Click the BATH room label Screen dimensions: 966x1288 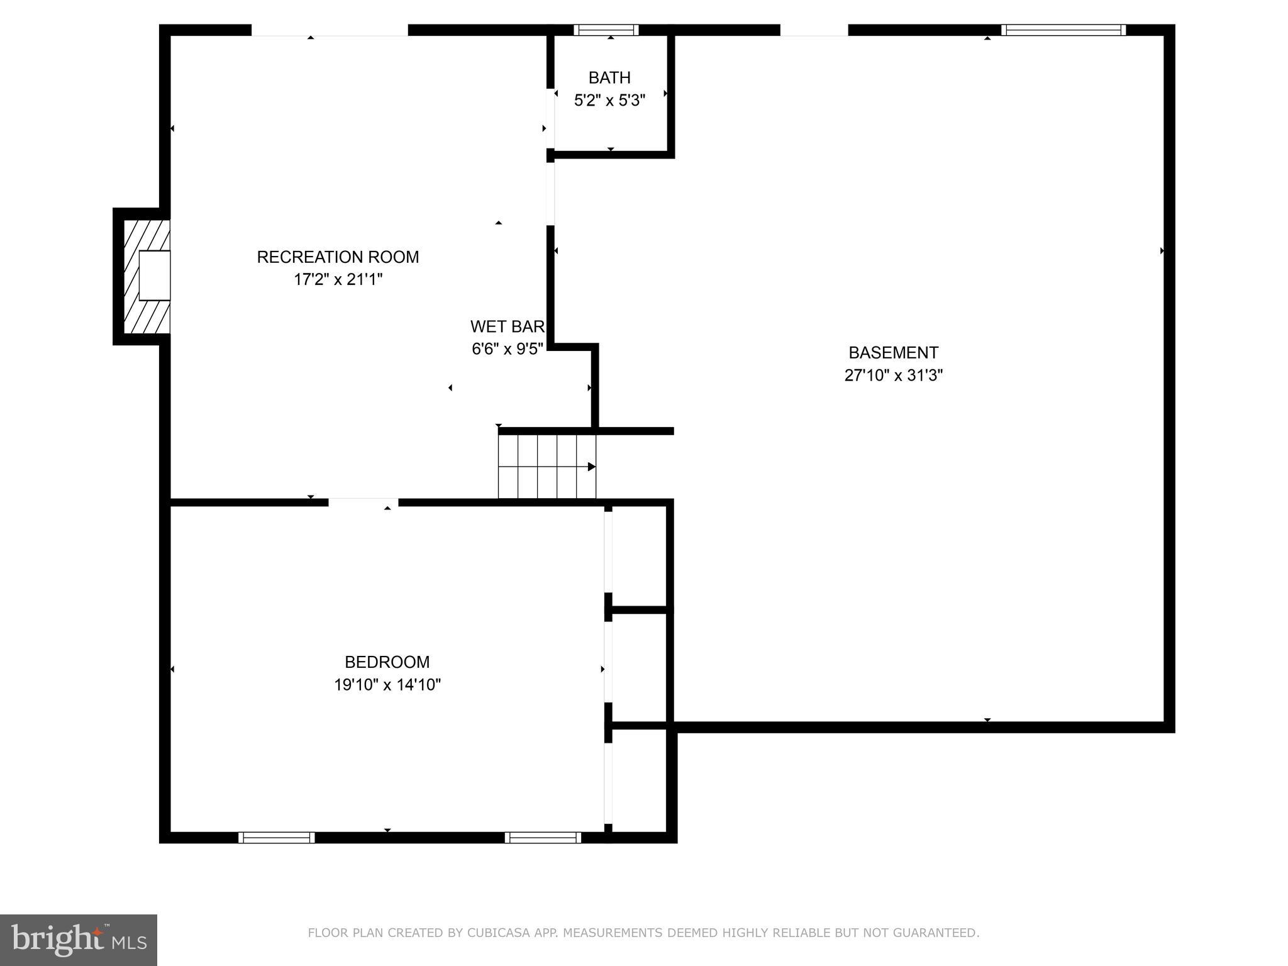pyautogui.click(x=609, y=78)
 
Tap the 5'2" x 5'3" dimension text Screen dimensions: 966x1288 pyautogui.click(x=609, y=101)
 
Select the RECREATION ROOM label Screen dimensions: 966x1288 pyautogui.click(x=338, y=257)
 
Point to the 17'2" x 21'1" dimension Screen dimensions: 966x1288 pyautogui.click(x=338, y=280)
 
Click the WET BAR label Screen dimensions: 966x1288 pyautogui.click(x=508, y=327)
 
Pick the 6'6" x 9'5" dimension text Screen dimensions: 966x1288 pyautogui.click(x=508, y=349)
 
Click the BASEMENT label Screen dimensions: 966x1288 pyautogui.click(x=893, y=353)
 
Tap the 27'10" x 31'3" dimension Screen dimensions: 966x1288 pyautogui.click(x=893, y=375)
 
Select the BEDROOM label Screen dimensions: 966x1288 pyautogui.click(x=387, y=662)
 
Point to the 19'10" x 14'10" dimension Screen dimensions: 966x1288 pyautogui.click(x=387, y=685)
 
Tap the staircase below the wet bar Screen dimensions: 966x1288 pyautogui.click(x=547, y=466)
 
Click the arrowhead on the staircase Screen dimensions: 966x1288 pyautogui.click(x=591, y=467)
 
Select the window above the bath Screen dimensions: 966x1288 pyautogui.click(x=606, y=30)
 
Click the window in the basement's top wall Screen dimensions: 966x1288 pyautogui.click(x=1063, y=30)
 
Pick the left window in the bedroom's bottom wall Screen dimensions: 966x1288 pyautogui.click(x=276, y=837)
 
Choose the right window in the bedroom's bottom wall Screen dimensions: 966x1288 pyautogui.click(x=542, y=837)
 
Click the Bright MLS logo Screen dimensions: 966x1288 pyautogui.click(x=79, y=940)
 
